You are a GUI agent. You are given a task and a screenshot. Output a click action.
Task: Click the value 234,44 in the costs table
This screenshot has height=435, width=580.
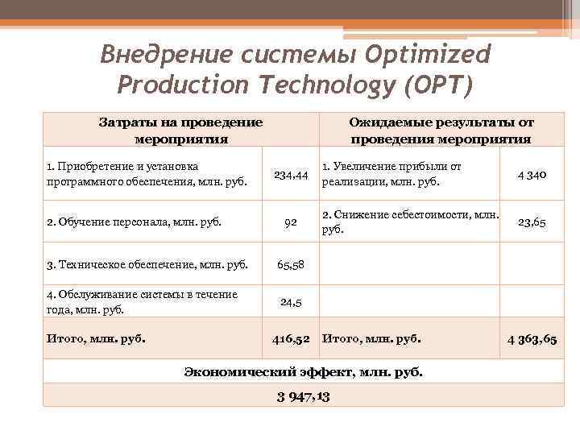[x=291, y=175]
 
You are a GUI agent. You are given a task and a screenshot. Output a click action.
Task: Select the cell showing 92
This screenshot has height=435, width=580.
[x=291, y=222]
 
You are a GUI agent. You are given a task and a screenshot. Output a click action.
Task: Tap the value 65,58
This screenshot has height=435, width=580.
[x=291, y=264]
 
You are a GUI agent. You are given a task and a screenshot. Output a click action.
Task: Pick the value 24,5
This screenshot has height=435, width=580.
[x=291, y=302]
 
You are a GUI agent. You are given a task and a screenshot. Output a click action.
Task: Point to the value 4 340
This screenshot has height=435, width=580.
[x=531, y=175]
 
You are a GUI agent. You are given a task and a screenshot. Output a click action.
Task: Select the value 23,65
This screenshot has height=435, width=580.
[x=532, y=222]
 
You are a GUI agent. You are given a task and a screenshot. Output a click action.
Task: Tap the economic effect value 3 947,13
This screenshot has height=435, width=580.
[x=304, y=396]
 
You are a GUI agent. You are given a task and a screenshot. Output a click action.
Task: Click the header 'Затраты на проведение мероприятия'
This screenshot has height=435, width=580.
[x=180, y=130]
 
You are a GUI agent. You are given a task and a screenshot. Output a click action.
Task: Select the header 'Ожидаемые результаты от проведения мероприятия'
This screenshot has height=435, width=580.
[x=441, y=130]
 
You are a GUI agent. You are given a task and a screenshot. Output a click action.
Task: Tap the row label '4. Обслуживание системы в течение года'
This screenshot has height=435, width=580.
[x=143, y=301]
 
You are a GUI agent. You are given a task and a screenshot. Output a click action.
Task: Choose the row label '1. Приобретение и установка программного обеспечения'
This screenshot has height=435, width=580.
[x=147, y=174]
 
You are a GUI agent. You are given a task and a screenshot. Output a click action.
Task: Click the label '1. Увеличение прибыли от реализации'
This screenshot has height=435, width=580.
[x=391, y=174]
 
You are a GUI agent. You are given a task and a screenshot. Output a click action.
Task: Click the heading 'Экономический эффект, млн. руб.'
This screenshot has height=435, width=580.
[x=303, y=372]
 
